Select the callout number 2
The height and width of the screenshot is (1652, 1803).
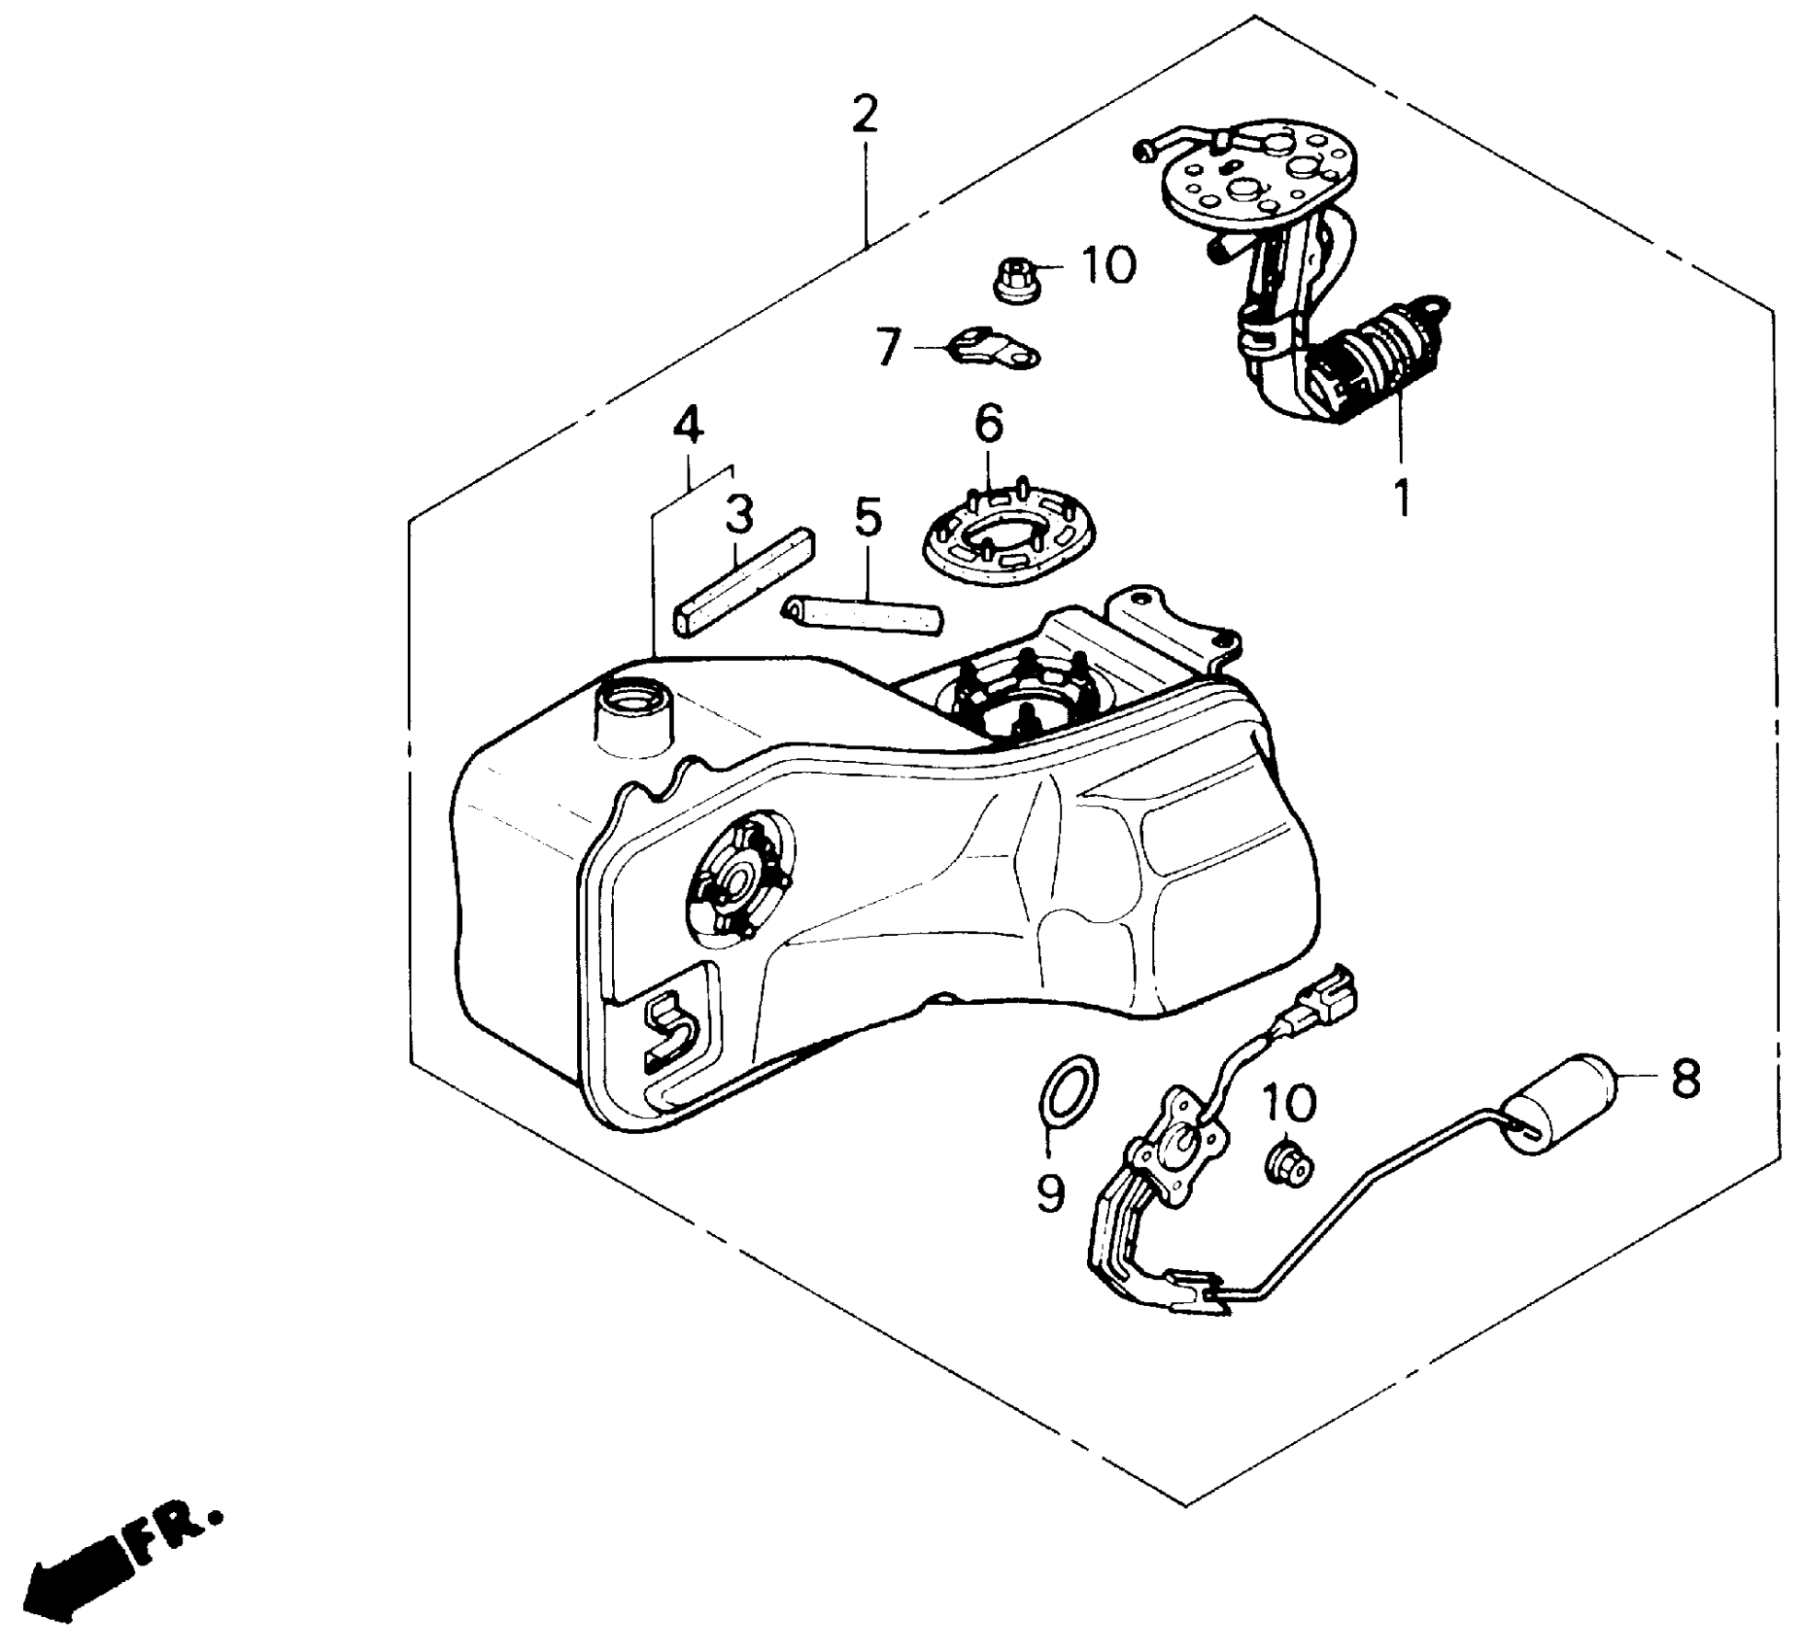(863, 115)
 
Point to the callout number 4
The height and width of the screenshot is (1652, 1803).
(687, 425)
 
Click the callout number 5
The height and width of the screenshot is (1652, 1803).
(867, 517)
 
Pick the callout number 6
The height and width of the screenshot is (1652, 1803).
(988, 423)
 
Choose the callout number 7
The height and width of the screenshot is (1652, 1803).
(886, 346)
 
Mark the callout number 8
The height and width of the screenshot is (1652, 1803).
(1684, 1079)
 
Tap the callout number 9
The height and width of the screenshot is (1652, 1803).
(1050, 1192)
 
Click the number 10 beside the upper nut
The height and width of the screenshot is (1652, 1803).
(1108, 264)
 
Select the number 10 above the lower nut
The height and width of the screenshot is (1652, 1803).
(1290, 1103)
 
